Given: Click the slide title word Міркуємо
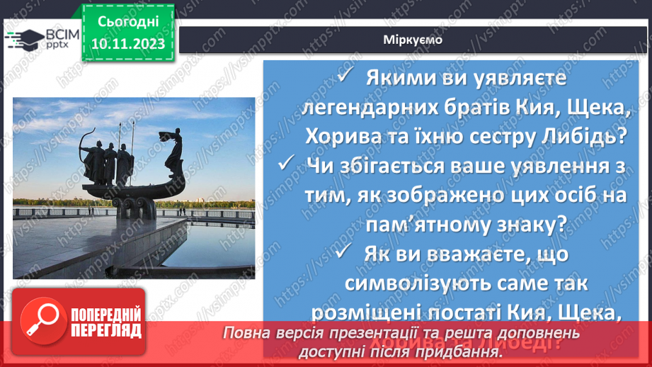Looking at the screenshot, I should coord(413,40).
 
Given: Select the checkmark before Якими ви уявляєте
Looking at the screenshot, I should coord(345,77).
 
